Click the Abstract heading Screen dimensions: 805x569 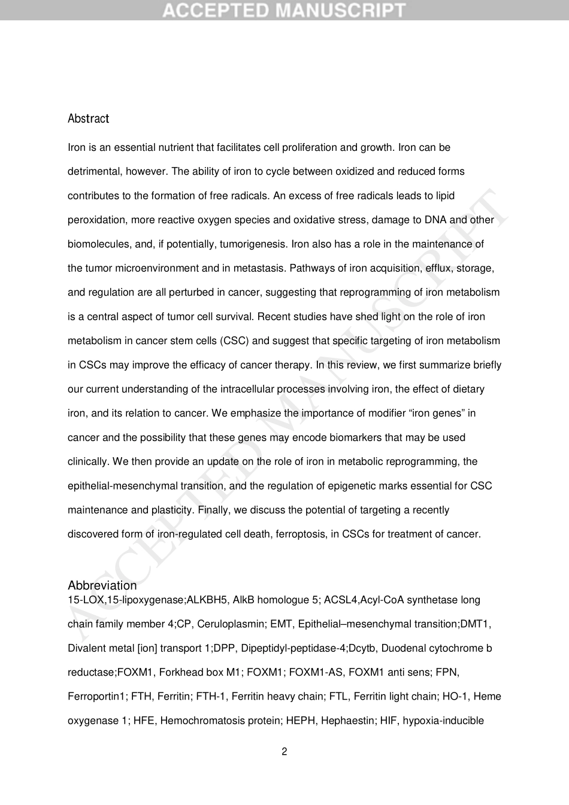coord(88,119)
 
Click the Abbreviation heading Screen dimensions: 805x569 coord(102,585)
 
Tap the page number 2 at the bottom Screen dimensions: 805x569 coord(284,752)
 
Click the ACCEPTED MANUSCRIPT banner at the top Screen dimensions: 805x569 coord(284,10)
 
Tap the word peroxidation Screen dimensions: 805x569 coord(96,220)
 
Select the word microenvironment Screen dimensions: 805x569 coord(156,268)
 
